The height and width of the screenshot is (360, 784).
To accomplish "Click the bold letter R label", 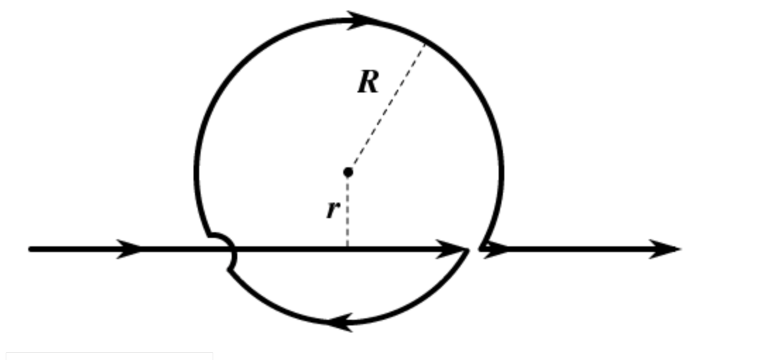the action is coord(368,83).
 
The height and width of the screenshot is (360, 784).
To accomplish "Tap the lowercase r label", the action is coord(332,209).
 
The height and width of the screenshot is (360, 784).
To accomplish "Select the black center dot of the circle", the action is coord(348,172).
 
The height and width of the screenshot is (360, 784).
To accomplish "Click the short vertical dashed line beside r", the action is coord(348,212).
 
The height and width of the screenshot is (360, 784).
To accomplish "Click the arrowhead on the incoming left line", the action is coord(130,248).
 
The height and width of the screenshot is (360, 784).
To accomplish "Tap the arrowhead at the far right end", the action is coord(665,248).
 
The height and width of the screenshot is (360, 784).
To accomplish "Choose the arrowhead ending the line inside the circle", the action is coord(453,248).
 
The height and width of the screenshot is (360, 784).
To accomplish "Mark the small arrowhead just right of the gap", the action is coord(497,248).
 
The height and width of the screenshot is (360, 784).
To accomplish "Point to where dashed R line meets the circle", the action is coord(425,43).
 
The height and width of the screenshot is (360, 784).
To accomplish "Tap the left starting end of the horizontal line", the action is coord(30,248).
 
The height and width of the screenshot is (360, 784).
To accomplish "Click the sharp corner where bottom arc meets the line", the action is coord(468,251).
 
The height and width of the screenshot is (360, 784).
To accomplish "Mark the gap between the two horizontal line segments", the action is coord(474,248).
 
